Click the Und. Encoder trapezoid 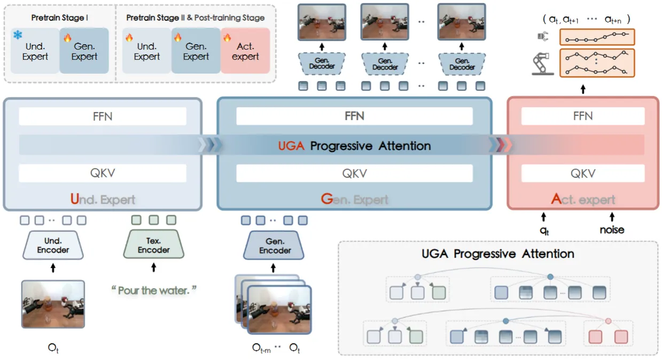[53, 245]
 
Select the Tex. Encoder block [153, 245]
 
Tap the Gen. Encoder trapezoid [275, 246]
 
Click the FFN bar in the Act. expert [582, 116]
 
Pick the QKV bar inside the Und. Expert [103, 173]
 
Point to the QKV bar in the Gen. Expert [354, 173]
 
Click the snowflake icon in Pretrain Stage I [17, 35]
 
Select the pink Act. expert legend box [245, 51]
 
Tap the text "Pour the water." [154, 291]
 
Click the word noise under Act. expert [612, 230]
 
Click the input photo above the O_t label [53, 304]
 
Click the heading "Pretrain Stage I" [60, 18]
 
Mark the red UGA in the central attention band [291, 145]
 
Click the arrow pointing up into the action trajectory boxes [582, 88]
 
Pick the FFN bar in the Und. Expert [103, 116]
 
